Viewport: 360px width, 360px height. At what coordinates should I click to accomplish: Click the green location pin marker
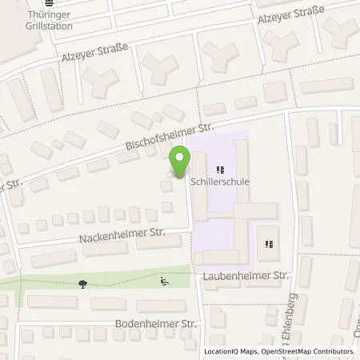(x=181, y=160)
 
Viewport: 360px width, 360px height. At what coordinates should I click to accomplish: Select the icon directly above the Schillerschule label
(x=220, y=170)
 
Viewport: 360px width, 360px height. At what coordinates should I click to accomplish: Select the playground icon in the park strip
(x=164, y=281)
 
